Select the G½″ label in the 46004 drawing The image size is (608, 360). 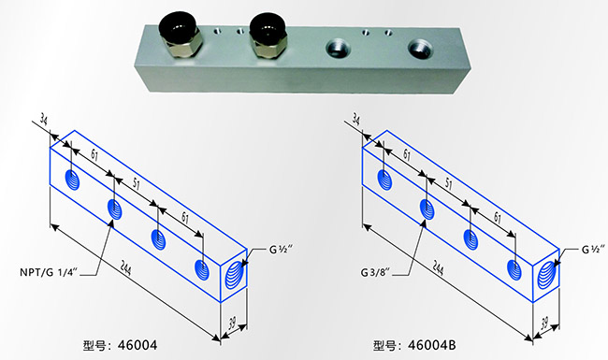[x=282, y=251]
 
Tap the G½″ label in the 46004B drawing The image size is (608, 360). [x=594, y=251]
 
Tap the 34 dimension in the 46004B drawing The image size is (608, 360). [x=355, y=119]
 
